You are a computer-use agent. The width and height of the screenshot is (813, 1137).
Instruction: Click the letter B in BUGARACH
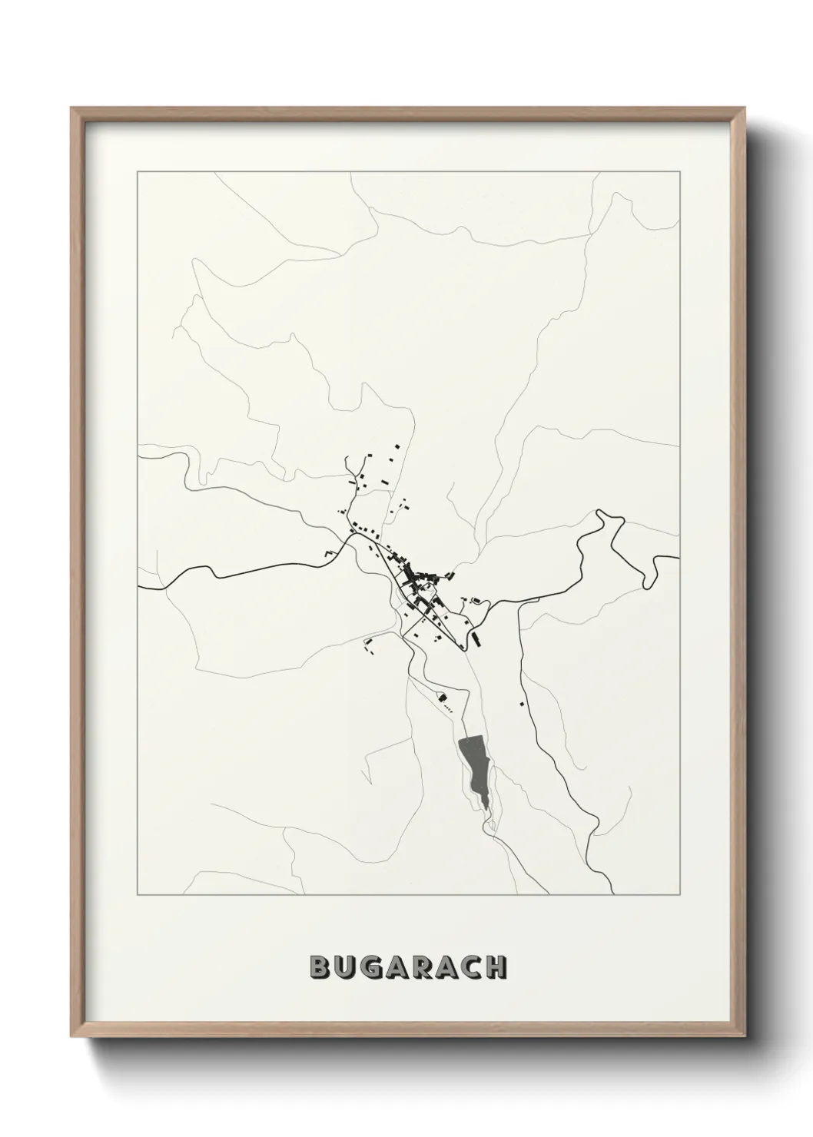coord(320,967)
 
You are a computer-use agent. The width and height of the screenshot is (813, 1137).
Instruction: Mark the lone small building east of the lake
coord(523,702)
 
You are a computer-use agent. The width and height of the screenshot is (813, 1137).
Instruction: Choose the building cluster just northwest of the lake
coord(443,698)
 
